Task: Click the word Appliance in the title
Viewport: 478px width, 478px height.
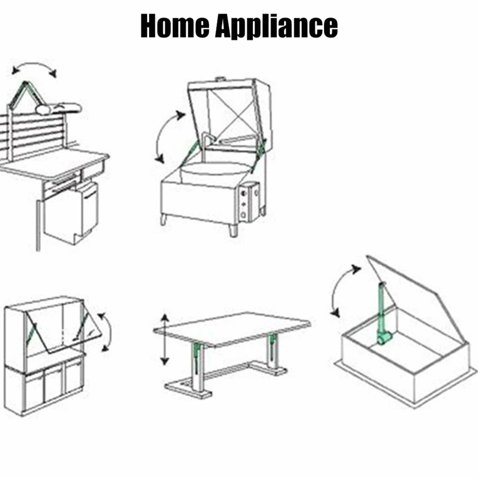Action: (277, 27)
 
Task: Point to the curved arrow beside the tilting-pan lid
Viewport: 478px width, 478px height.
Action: (165, 136)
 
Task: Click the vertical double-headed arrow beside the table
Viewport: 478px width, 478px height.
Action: (165, 339)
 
